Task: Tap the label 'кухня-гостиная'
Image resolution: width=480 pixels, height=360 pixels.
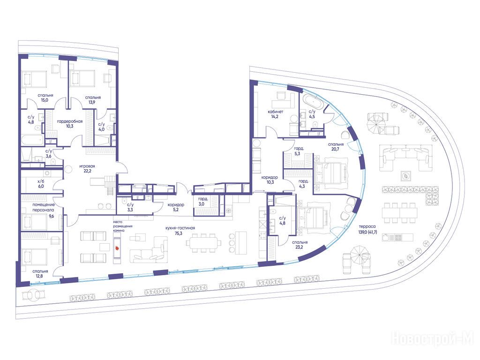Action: pos(180,228)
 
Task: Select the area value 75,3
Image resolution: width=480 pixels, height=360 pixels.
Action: pos(179,233)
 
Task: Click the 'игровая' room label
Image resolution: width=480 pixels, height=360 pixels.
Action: pos(87,166)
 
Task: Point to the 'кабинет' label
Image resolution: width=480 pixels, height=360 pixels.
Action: pos(276,112)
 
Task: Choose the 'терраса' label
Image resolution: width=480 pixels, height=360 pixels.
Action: pos(367,227)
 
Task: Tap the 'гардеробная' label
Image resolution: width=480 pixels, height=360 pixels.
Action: pos(70,121)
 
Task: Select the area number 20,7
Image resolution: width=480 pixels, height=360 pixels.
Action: pos(335,150)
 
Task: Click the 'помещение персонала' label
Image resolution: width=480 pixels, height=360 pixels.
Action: pos(44,207)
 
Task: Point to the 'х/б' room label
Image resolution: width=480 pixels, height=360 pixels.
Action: pos(41,181)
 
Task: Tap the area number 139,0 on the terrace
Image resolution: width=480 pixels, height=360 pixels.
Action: pos(363,232)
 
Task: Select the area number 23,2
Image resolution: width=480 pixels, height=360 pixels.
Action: pos(299,247)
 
